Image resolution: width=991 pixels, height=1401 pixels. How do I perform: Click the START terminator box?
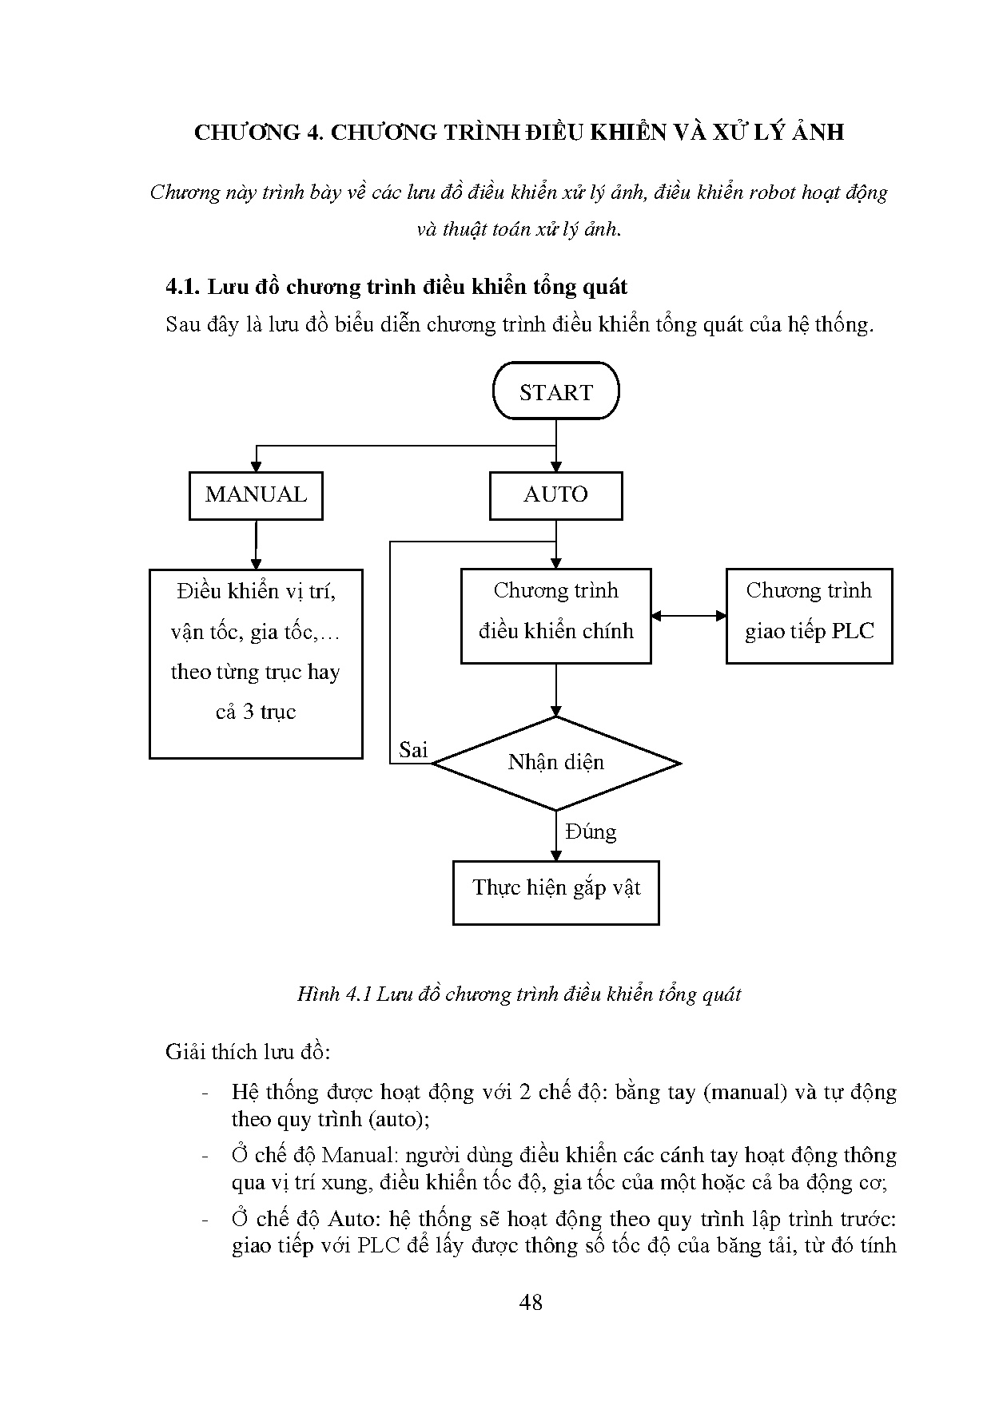(555, 391)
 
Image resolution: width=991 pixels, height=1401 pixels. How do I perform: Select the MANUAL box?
(256, 495)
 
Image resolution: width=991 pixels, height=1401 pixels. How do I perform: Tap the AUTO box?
(555, 495)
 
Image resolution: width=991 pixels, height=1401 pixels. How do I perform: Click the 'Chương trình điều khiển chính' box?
(555, 615)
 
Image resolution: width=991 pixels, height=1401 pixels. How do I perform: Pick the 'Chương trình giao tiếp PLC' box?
(809, 615)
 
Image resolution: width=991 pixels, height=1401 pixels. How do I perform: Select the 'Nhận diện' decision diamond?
(555, 763)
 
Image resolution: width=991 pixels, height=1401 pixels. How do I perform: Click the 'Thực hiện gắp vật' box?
(555, 891)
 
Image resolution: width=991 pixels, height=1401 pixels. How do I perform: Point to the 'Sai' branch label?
(413, 750)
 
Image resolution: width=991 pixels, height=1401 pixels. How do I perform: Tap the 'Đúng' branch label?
(591, 832)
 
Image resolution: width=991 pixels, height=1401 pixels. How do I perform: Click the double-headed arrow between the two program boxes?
(688, 616)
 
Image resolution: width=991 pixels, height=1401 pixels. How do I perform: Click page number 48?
(531, 1303)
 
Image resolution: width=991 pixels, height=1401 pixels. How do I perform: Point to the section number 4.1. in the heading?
(184, 287)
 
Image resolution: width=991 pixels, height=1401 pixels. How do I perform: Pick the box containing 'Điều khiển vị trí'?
(256, 663)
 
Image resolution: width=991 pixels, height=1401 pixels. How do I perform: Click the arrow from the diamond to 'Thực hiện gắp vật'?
(555, 835)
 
